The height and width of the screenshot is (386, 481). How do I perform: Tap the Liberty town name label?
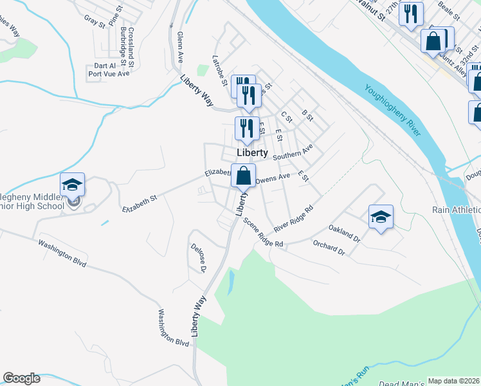tap(252, 153)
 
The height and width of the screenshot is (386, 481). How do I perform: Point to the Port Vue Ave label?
tap(109, 74)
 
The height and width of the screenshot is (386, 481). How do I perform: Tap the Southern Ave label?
tap(293, 152)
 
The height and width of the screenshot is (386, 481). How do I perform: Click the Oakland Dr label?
tap(345, 232)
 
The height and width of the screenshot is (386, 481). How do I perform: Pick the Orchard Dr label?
tap(329, 248)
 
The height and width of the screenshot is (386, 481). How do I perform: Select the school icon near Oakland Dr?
tap(381, 217)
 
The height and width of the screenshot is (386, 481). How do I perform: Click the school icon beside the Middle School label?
tap(73, 185)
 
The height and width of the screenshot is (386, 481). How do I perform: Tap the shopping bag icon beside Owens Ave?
tap(244, 175)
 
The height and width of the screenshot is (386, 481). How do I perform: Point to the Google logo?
tap(21, 378)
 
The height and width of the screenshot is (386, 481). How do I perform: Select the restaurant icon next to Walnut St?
tap(411, 14)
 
